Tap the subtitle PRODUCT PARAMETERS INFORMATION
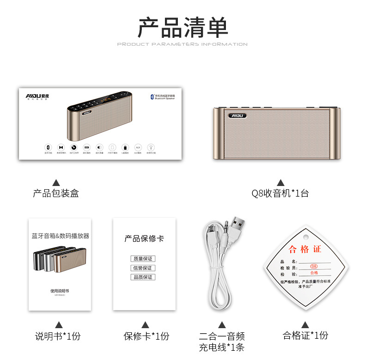pyautogui.click(x=182, y=44)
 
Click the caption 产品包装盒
pyautogui.click(x=56, y=193)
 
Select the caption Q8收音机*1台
pyautogui.click(x=280, y=193)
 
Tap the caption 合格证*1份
pyautogui.click(x=305, y=336)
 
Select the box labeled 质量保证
pyautogui.click(x=142, y=259)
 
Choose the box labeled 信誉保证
pyautogui.click(x=142, y=268)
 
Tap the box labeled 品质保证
pyautogui.click(x=142, y=277)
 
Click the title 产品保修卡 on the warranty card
pyautogui.click(x=144, y=239)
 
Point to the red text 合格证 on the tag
pyautogui.click(x=305, y=250)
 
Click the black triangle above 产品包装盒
pyautogui.click(x=56, y=182)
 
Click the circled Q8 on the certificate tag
pyautogui.click(x=314, y=266)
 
